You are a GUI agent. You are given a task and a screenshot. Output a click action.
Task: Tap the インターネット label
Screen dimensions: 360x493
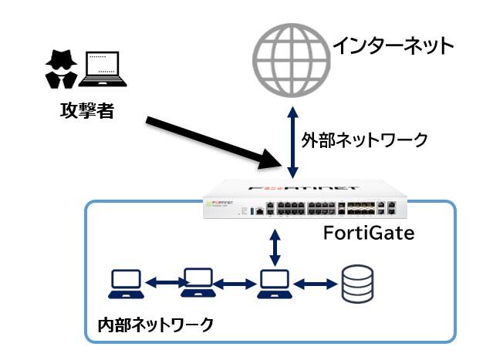tap(393, 46)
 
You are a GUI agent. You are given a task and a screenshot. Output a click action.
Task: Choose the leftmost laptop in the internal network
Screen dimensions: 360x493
tap(124, 284)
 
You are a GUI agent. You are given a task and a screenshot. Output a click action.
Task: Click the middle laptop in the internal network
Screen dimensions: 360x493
tap(196, 284)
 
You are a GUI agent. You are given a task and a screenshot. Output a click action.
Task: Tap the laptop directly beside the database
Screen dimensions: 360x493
tap(272, 284)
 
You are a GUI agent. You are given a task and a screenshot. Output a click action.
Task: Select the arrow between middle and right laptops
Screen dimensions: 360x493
tap(234, 284)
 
